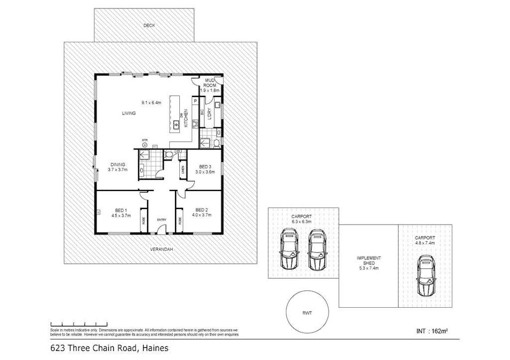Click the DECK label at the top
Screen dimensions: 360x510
tap(149, 25)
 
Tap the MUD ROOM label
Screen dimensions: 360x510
tap(210, 83)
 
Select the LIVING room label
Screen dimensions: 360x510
tap(129, 113)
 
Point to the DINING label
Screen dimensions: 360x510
tap(117, 164)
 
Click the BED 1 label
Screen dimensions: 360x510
tap(121, 210)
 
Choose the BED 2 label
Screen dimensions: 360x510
tap(202, 210)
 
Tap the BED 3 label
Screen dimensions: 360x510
tap(204, 166)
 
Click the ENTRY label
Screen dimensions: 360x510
tap(162, 220)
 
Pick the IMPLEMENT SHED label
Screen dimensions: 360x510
tap(369, 261)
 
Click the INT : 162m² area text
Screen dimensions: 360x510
tap(432, 331)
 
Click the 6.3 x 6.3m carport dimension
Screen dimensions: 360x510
tap(302, 221)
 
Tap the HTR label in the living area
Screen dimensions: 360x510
tap(145, 141)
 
